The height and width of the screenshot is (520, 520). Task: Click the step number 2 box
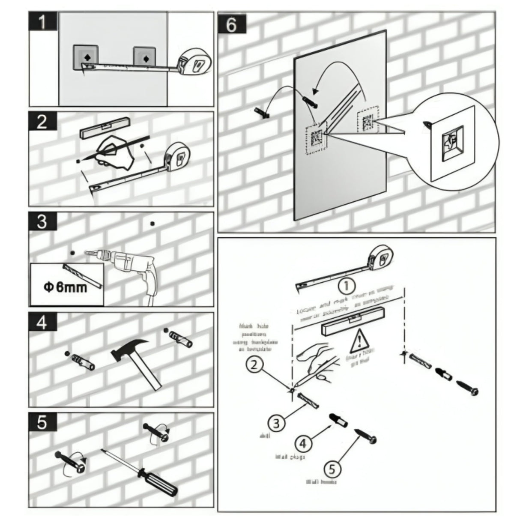click(43, 122)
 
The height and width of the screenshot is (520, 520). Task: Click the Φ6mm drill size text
click(66, 287)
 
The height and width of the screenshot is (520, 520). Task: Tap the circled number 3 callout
click(276, 423)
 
